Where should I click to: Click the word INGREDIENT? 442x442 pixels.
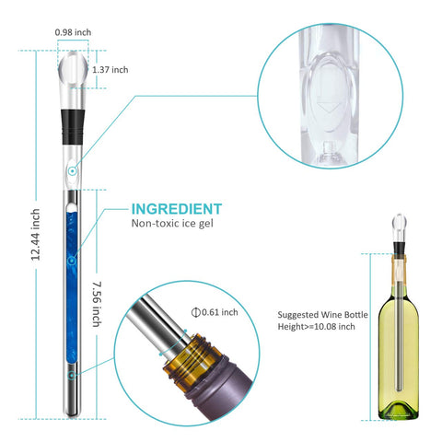coord(176,208)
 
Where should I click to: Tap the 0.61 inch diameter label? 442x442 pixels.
coord(219,313)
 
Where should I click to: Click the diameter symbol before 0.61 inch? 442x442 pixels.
coord(195,313)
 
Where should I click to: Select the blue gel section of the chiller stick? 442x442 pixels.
coord(70,276)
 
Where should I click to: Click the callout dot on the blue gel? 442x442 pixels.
coord(71,262)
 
